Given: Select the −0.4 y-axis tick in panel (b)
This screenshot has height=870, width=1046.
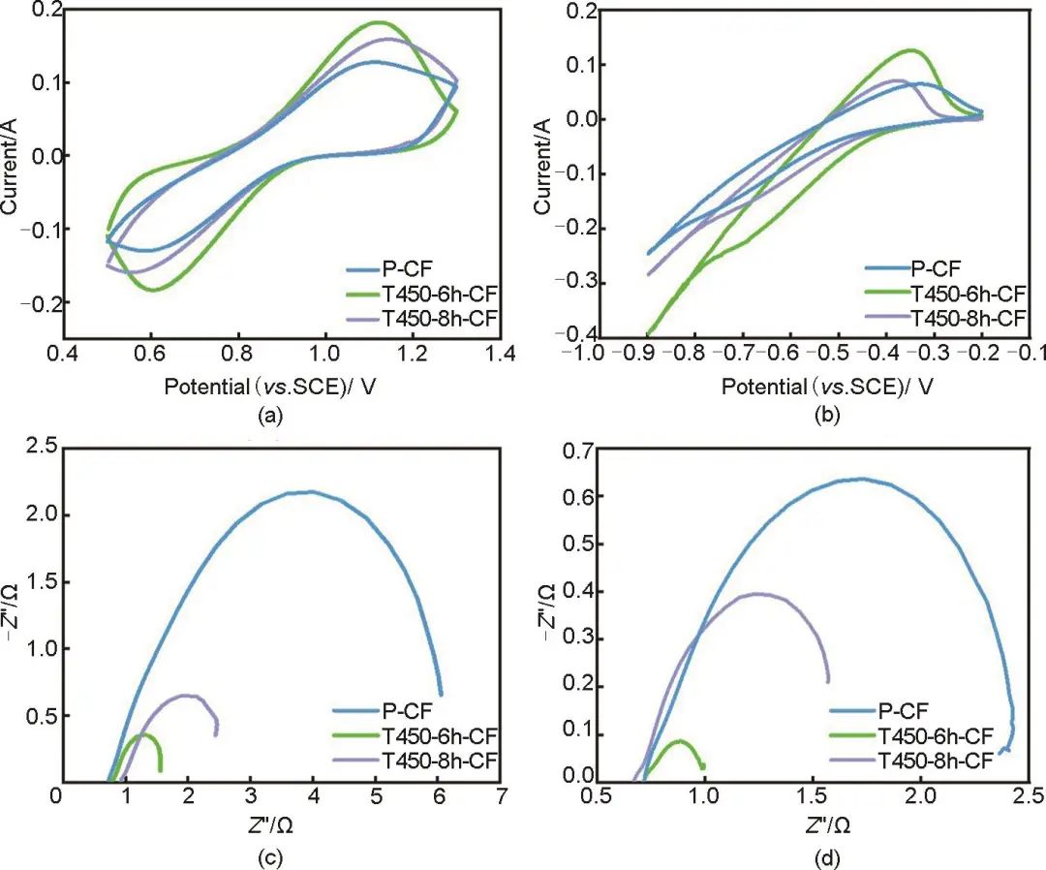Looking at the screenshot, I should click(558, 335).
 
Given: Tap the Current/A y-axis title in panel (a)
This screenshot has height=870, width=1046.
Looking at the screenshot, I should click(12, 163).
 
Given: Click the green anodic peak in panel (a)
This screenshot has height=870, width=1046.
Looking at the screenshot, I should click(378, 22).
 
